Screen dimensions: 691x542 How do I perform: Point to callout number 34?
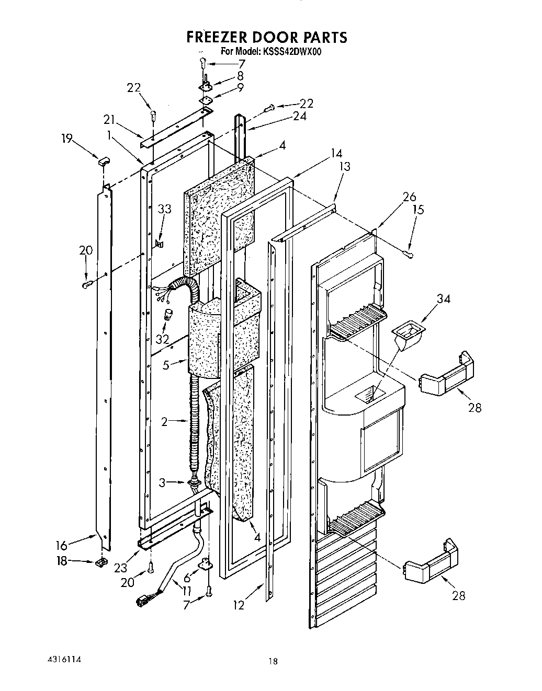point(443,298)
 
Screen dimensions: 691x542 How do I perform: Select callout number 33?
point(164,209)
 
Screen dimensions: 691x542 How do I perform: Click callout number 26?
point(409,197)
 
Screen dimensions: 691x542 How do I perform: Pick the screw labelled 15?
point(410,255)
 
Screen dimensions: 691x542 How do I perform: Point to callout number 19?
point(66,139)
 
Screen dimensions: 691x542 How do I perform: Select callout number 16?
point(62,546)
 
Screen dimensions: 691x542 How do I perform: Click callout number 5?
point(166,365)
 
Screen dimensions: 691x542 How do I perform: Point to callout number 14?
point(335,153)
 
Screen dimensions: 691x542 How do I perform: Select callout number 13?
point(345,166)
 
